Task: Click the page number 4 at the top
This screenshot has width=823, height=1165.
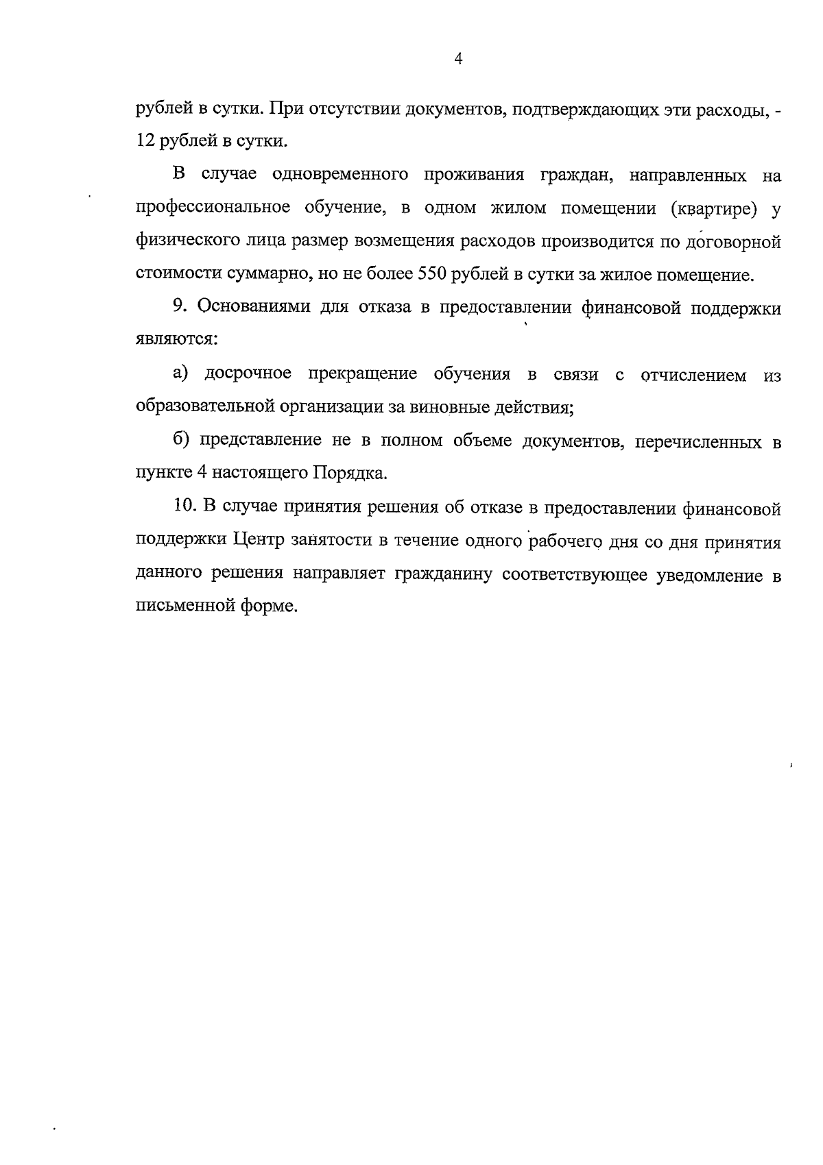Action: pyautogui.click(x=459, y=60)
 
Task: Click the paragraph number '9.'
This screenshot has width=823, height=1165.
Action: pyautogui.click(x=180, y=308)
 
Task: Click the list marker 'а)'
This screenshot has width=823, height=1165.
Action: pyautogui.click(x=181, y=374)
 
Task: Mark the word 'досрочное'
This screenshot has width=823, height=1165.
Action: pyautogui.click(x=248, y=374)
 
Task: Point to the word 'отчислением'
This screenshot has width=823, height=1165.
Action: pyautogui.click(x=693, y=376)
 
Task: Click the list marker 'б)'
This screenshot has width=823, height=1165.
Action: pyautogui.click(x=181, y=441)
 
